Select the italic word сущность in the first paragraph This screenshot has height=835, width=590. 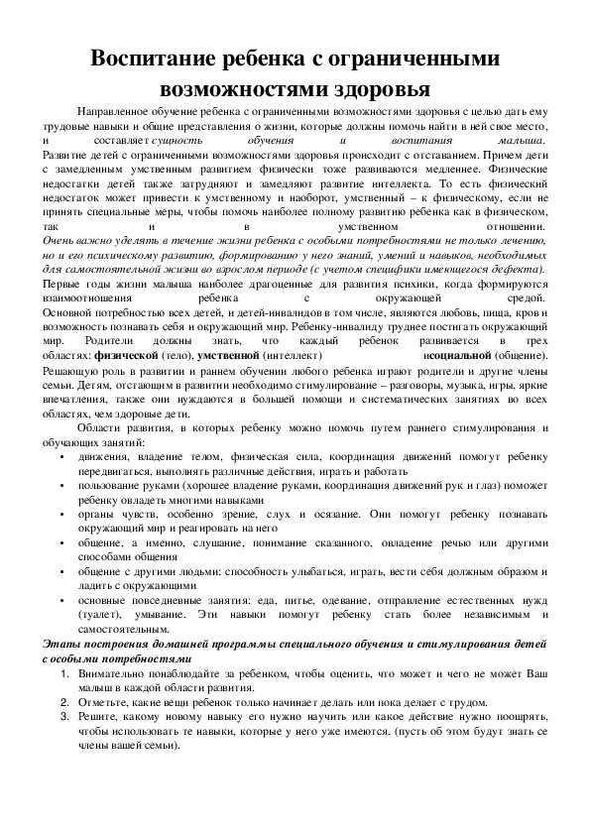pos(206,143)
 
